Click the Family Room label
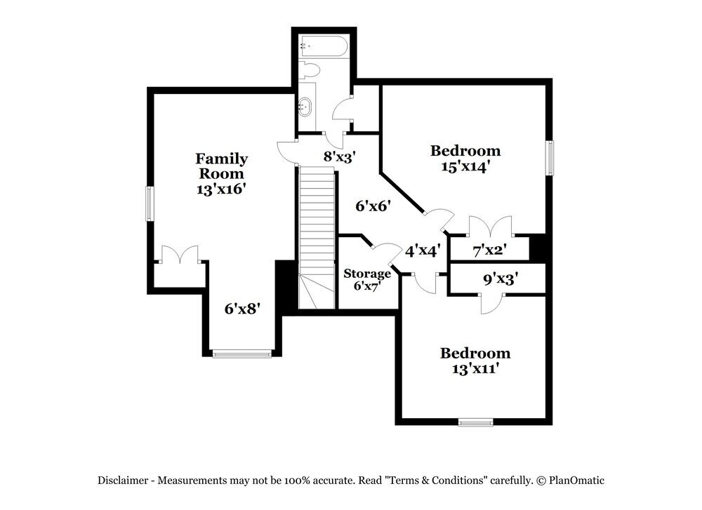pos(222,166)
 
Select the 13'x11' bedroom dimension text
pos(475,369)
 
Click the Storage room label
pos(366,274)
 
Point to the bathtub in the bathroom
pos(323,46)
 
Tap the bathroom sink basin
pos(305,107)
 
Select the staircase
pos(317,237)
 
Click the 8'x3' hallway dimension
pos(339,156)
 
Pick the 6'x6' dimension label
pos(373,206)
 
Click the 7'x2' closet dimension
pos(489,250)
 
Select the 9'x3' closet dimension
pos(501,279)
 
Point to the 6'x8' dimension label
pos(242,308)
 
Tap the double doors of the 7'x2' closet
pos(490,226)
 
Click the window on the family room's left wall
pos(150,203)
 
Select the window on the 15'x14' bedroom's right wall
pos(550,158)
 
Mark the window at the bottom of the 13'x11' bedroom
pos(475,422)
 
